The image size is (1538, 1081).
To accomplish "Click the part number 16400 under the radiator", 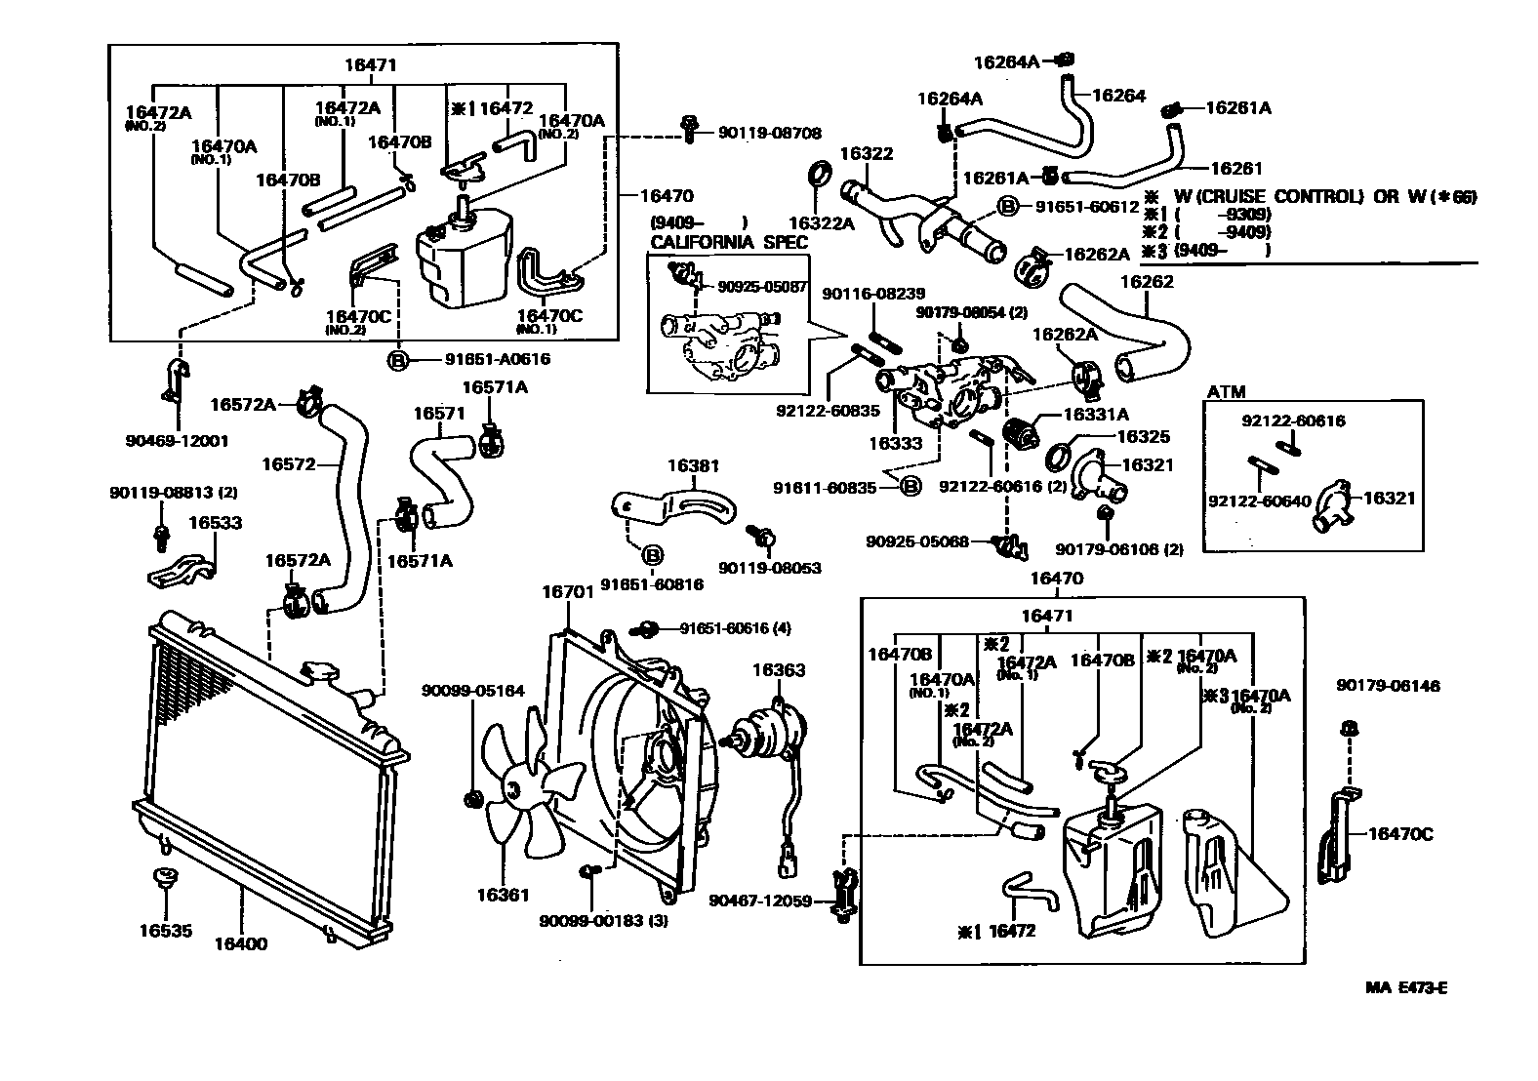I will [241, 943].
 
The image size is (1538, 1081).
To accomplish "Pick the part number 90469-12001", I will [177, 440].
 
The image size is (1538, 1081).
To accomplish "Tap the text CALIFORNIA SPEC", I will [729, 242].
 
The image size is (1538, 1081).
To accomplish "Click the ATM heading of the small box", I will [1227, 390].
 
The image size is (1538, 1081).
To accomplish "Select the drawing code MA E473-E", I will [1405, 987].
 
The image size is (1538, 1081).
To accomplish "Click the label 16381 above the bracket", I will [693, 466].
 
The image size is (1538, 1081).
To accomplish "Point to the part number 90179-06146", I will [1388, 687].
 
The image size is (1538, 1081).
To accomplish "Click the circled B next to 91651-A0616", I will [399, 359].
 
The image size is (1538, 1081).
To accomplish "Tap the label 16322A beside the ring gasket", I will [821, 222].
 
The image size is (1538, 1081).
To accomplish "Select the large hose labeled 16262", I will [1152, 327].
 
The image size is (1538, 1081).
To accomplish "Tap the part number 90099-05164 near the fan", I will [472, 691].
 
